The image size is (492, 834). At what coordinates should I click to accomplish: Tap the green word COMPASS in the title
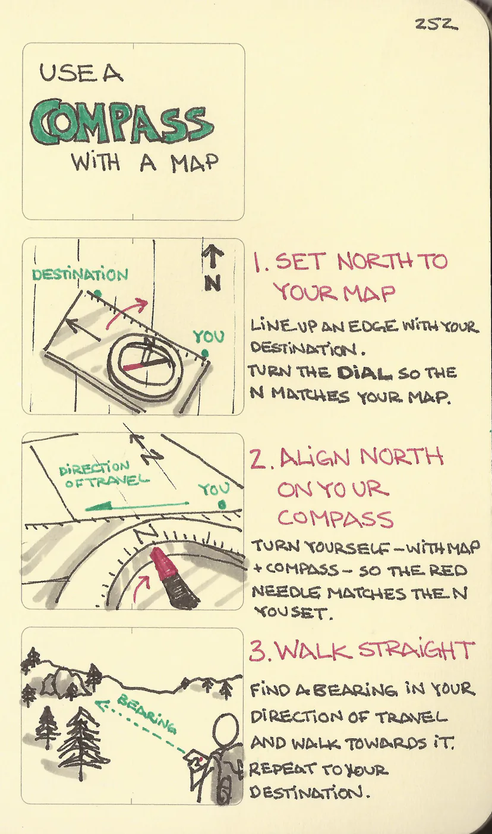(122, 124)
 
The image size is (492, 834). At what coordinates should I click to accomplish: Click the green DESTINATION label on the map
(80, 274)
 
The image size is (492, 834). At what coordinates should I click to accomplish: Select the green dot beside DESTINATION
(97, 292)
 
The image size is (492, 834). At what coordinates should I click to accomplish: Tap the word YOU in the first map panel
(209, 337)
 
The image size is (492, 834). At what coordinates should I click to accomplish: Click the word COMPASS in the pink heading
(335, 519)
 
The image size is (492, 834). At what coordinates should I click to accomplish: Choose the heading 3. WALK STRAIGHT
(361, 651)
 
